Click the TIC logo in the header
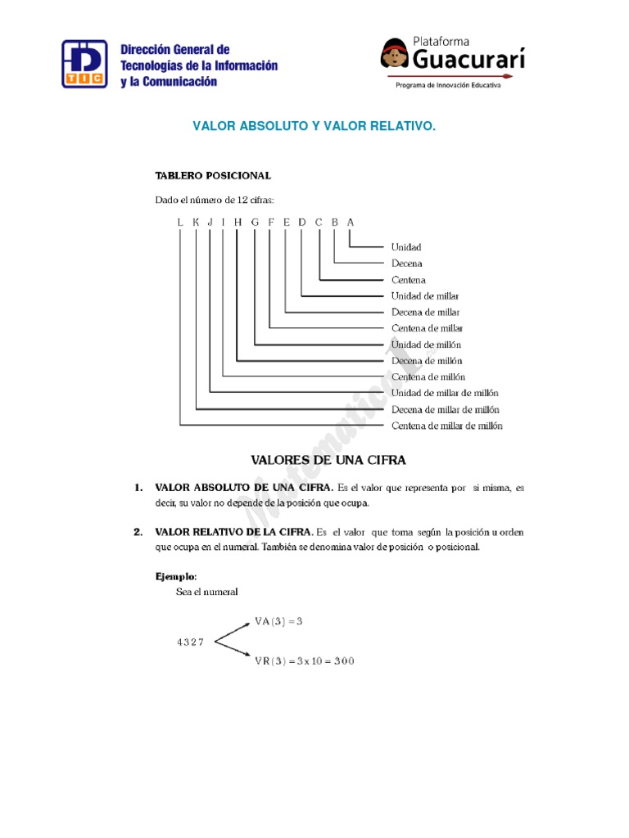[86, 63]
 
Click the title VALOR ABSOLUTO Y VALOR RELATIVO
[314, 126]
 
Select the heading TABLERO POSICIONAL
[213, 175]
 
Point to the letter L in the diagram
[179, 222]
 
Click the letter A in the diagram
[351, 222]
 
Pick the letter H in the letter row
[238, 222]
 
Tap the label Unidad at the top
[406, 247]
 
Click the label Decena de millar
[425, 312]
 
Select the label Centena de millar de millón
[446, 426]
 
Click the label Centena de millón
[428, 377]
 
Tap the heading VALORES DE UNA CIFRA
[328, 460]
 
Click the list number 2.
[138, 532]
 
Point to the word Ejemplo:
[176, 576]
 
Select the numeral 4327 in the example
[190, 642]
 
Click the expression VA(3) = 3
[278, 622]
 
